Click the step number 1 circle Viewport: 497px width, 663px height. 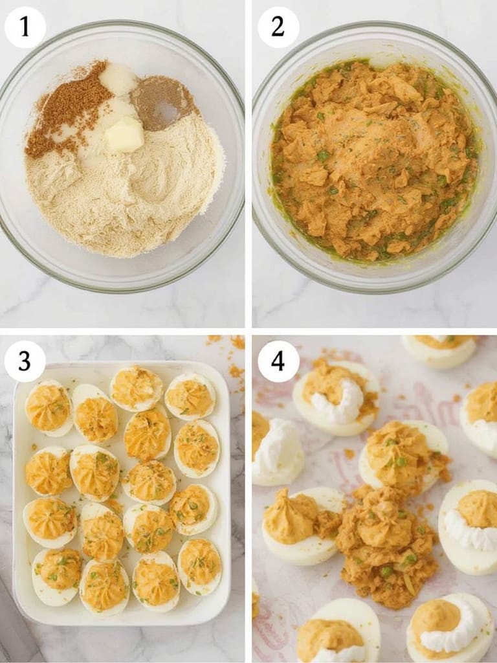(25, 27)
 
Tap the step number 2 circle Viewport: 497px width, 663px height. (278, 27)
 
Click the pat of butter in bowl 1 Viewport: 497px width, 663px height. (125, 134)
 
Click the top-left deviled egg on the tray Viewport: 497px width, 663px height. (49, 408)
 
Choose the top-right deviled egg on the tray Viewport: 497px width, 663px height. (190, 396)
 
